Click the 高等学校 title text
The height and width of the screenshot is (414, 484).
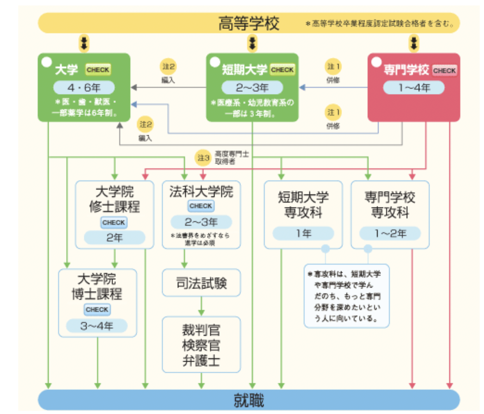[249, 23]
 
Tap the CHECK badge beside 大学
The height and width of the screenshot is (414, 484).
[98, 70]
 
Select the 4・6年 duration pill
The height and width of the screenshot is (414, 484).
[84, 87]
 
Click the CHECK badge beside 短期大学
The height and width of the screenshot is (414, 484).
[282, 70]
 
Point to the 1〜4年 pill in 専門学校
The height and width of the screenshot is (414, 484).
[414, 87]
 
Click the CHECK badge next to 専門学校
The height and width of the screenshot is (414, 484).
[444, 70]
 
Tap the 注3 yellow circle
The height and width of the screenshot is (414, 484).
[203, 158]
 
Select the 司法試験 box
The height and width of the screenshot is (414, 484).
[201, 283]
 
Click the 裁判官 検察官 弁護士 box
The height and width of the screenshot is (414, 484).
[201, 345]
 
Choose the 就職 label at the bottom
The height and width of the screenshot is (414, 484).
[249, 400]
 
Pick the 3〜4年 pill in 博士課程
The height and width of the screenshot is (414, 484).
[97, 325]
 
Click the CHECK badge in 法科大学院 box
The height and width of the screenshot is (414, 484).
[201, 206]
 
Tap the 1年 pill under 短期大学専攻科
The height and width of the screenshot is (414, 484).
[303, 233]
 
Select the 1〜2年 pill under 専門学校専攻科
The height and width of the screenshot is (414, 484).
[390, 233]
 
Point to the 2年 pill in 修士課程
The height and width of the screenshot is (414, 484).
[115, 237]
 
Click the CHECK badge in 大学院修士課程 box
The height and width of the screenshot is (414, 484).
[114, 223]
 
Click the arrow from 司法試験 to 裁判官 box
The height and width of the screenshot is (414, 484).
[201, 306]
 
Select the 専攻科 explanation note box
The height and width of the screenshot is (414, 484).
[346, 296]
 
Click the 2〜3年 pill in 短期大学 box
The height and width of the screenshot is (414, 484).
[252, 87]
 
